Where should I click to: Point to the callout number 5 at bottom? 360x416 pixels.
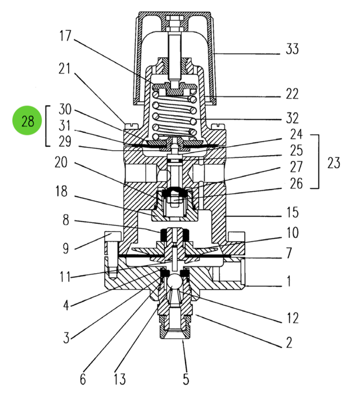point(186,379)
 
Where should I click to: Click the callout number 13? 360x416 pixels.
point(119,379)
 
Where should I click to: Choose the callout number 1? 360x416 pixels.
point(289,280)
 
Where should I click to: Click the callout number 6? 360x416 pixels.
point(83,379)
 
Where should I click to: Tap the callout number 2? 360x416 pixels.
point(289,342)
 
